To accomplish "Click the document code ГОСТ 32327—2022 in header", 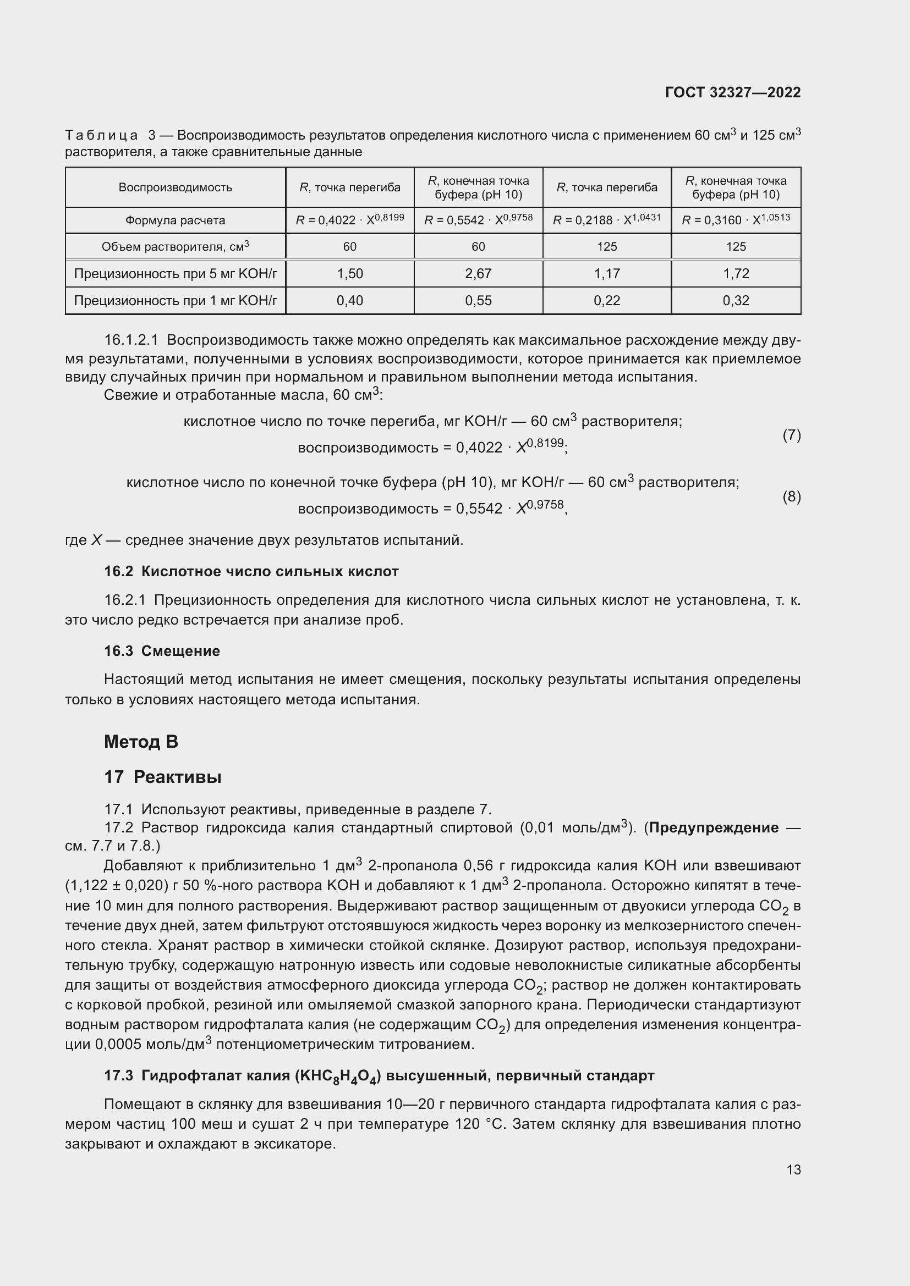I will [x=732, y=92].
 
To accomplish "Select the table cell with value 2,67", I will [x=478, y=273].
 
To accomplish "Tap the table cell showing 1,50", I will [x=350, y=273].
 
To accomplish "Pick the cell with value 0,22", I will [x=607, y=301].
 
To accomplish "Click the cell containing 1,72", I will [x=736, y=273].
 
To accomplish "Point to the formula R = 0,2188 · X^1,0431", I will [x=607, y=219].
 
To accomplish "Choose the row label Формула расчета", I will [x=175, y=220].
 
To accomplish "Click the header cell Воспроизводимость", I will [x=175, y=187].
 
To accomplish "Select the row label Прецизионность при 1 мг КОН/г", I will [x=176, y=301].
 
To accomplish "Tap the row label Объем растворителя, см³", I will [x=175, y=246].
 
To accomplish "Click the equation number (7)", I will [x=791, y=435].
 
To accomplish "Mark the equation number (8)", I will [x=791, y=496].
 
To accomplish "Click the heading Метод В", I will [x=141, y=742].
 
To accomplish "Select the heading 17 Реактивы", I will [x=162, y=777].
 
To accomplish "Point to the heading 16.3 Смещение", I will [x=162, y=651].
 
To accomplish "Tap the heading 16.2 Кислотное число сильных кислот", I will [x=251, y=571].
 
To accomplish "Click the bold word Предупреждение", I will [x=714, y=827].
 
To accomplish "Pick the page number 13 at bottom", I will [x=793, y=1169].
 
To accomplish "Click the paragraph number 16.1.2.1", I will [x=131, y=340].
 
